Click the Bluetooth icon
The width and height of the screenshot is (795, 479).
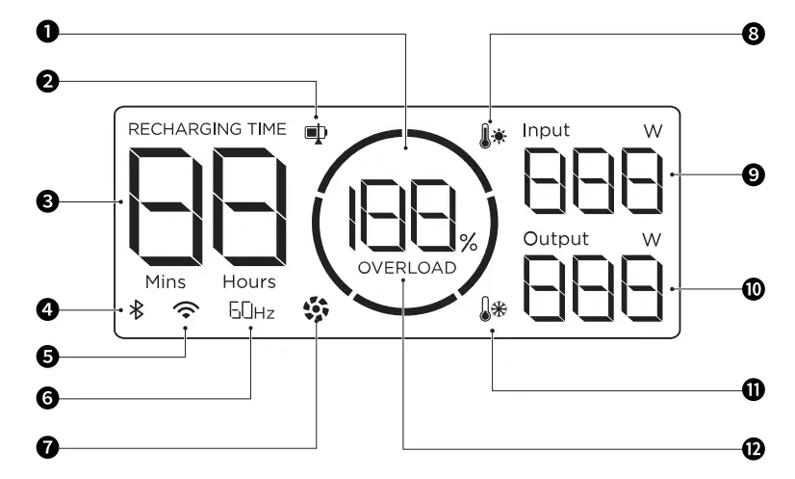(x=138, y=310)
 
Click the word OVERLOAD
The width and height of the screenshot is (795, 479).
(x=406, y=268)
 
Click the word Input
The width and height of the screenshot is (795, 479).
(x=546, y=130)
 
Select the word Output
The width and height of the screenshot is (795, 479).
(x=555, y=238)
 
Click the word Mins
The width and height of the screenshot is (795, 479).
(x=166, y=282)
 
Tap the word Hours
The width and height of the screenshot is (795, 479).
(x=248, y=282)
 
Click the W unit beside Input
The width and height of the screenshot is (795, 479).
(x=653, y=131)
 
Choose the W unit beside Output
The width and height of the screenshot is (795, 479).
(x=653, y=239)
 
